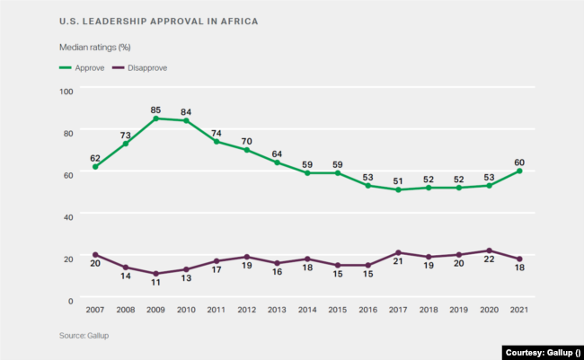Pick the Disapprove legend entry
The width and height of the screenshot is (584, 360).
[x=146, y=67]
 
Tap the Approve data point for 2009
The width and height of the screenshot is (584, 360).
[x=156, y=119]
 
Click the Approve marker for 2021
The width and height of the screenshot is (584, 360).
[x=519, y=171]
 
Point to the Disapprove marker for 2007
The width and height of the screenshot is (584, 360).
[x=95, y=255]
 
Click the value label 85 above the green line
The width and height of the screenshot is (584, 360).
[x=156, y=108]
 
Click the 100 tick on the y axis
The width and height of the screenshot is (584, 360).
[x=66, y=91]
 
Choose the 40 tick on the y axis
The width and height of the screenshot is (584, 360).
[x=68, y=215]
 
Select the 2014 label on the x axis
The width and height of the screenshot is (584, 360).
[x=307, y=310]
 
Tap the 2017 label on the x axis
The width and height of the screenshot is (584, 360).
[x=398, y=310]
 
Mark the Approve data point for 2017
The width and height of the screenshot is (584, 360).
[x=398, y=189]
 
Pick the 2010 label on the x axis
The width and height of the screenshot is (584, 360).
[x=186, y=310]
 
